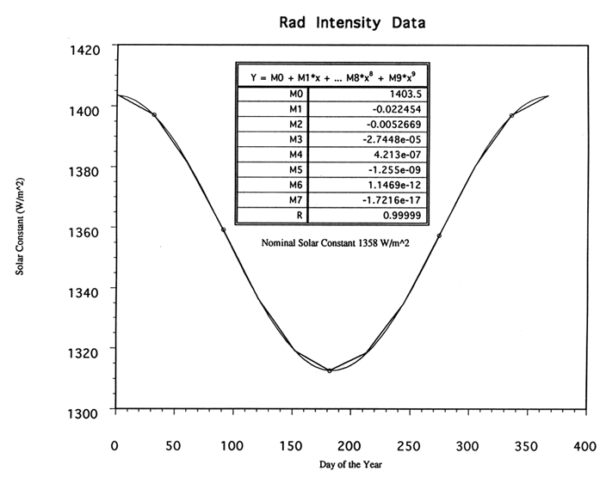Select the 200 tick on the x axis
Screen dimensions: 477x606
[349, 445]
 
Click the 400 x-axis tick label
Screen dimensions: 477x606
[584, 445]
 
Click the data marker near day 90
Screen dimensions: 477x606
[224, 229]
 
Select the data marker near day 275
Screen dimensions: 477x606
[439, 235]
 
